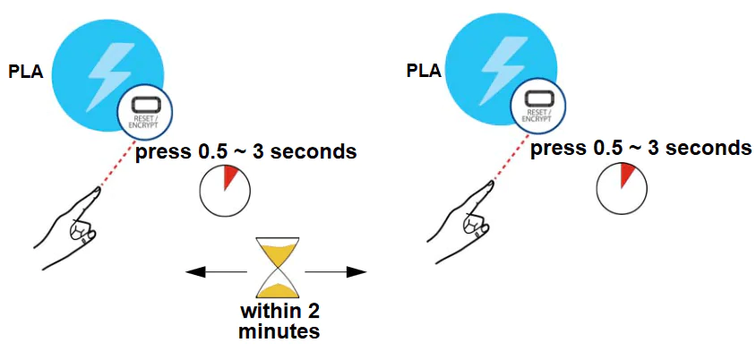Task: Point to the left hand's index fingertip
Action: (96, 191)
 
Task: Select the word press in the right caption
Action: (557, 148)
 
